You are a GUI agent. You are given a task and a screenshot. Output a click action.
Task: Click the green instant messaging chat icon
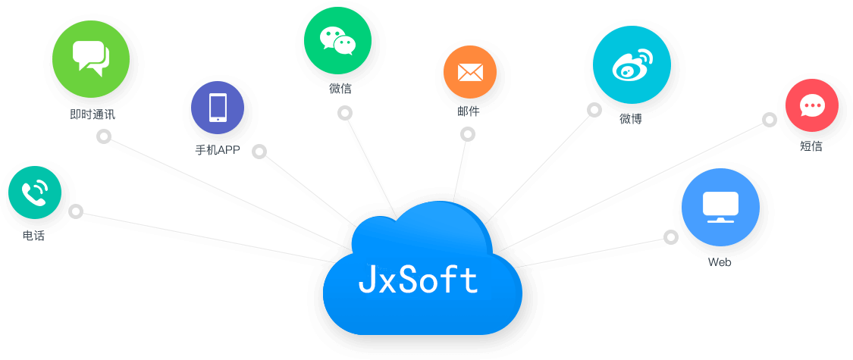coord(91,59)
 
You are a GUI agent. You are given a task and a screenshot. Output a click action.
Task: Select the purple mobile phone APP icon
coord(218,108)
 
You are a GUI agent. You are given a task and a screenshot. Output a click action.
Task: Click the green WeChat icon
coord(337,41)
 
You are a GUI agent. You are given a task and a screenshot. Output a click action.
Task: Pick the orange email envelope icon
coord(470,72)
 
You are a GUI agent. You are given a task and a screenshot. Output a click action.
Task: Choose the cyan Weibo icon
coord(632,64)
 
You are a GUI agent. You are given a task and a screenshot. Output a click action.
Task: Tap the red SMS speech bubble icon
coord(811,106)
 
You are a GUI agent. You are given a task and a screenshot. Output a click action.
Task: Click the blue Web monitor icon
coord(720,208)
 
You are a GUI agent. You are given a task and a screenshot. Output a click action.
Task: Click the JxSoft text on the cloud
coord(419,280)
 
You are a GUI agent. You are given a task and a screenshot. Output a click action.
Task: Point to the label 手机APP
coord(218,150)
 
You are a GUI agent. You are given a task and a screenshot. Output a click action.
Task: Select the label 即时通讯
coord(92,115)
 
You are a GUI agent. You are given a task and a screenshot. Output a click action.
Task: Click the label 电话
coord(34,236)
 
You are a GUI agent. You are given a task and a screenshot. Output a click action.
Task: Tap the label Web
coord(720,262)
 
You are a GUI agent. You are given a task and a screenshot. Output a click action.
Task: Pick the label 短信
coord(811,146)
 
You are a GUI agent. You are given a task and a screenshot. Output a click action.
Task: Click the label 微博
coord(631,118)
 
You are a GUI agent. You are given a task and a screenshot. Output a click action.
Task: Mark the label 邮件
coord(469,111)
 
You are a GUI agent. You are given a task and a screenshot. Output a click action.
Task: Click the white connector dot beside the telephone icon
coord(75,211)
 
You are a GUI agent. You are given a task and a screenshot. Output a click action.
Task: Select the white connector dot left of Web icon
coord(671,236)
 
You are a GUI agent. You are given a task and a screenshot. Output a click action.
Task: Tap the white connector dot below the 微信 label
coord(345,113)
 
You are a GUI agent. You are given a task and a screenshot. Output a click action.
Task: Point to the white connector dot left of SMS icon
coord(770,119)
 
